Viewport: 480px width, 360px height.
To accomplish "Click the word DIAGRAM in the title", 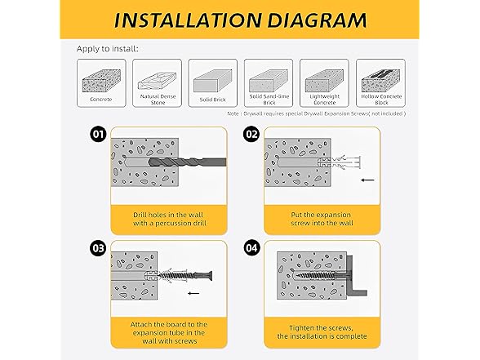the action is (x=317, y=20).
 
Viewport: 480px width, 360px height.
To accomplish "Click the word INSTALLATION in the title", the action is (x=188, y=20).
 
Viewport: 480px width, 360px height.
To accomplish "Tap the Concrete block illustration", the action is (x=101, y=81).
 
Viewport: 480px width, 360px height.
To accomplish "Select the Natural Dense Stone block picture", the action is (x=157, y=81).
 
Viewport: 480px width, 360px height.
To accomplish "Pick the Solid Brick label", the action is (x=212, y=100).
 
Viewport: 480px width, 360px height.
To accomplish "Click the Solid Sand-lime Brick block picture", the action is (x=269, y=81).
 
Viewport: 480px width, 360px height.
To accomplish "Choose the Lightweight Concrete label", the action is (x=325, y=100).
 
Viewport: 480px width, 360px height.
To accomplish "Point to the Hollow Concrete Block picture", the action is (x=380, y=81).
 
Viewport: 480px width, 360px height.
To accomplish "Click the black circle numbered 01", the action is (x=98, y=134).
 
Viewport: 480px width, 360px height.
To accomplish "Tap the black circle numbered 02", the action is (x=251, y=134).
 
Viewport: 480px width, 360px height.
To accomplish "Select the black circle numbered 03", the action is (x=98, y=248).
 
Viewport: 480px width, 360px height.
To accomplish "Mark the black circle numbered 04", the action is (x=251, y=248).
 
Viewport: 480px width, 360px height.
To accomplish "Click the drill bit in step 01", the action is (x=187, y=162).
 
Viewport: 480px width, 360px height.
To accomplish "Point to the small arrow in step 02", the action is (x=367, y=180).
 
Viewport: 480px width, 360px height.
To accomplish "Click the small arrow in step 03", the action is (x=193, y=293).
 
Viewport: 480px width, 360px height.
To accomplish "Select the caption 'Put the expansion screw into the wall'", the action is (x=322, y=219).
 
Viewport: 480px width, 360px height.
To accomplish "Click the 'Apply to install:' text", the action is (x=108, y=49).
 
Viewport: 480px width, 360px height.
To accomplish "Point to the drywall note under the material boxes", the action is (x=316, y=113).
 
